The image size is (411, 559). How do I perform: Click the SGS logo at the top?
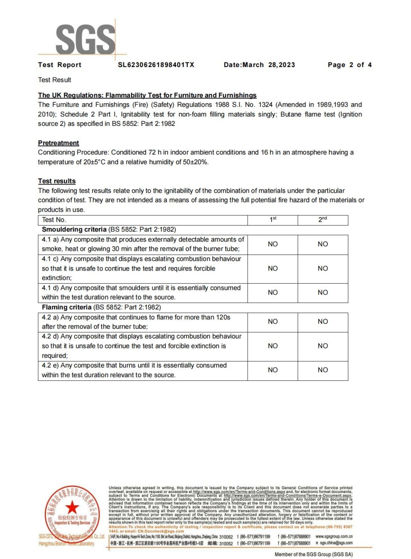tap(85, 39)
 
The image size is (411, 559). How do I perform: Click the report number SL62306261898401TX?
tap(156, 65)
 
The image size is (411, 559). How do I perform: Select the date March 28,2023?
tap(269, 65)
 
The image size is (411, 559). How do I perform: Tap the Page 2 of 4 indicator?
tap(349, 65)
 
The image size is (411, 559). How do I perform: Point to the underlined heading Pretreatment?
tap(59, 143)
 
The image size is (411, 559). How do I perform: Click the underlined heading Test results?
tap(57, 181)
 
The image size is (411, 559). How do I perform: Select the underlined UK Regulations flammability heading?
tap(147, 95)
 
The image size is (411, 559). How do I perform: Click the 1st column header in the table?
tap(273, 220)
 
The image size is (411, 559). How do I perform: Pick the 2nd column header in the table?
tap(323, 220)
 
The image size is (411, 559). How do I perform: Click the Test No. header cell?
tap(54, 220)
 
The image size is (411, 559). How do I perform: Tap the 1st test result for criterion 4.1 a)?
tap(273, 244)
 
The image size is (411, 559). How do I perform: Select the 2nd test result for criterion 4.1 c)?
tap(323, 268)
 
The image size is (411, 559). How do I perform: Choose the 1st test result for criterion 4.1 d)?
tap(273, 293)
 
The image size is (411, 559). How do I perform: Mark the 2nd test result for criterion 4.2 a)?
tap(323, 322)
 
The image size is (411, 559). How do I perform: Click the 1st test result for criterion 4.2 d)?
tap(273, 346)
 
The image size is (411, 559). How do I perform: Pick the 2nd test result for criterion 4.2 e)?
tap(323, 370)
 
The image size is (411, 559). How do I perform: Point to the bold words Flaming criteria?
tap(66, 307)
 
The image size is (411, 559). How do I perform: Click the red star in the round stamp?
tap(72, 507)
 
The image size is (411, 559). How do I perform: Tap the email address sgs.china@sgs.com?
tap(336, 543)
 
